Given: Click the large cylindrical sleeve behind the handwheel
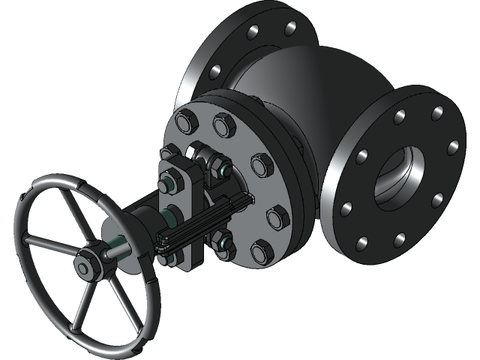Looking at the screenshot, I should tap(139, 232).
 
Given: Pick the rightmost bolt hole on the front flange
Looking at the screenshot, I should tap(452, 148).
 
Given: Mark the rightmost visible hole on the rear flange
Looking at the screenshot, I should tap(289, 28).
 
